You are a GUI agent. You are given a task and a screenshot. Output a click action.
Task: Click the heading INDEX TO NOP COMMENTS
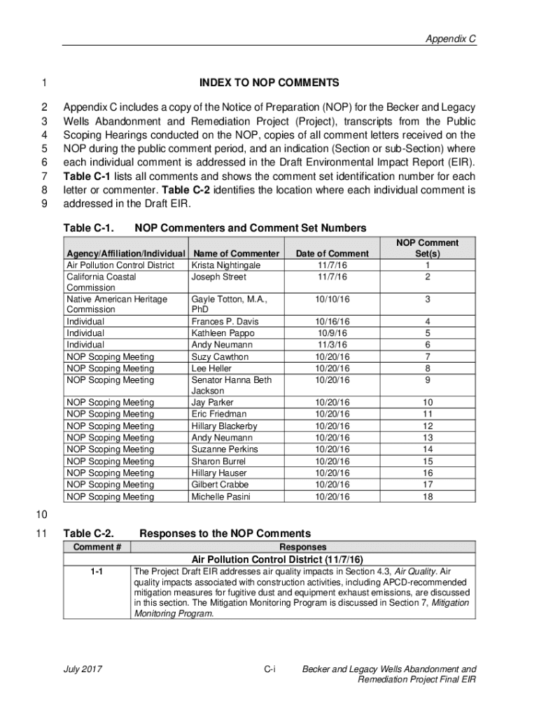pos(269,83)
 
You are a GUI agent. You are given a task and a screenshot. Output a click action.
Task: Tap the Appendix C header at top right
pos(451,39)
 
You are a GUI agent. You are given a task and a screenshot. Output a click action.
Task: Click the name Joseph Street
pos(218,277)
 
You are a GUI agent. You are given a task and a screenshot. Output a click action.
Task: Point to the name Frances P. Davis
pos(225,322)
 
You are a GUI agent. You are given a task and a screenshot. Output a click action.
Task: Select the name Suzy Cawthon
pos(220,357)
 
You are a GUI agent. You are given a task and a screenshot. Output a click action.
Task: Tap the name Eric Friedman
pos(218,415)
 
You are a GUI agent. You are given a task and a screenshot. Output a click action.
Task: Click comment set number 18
pos(428,497)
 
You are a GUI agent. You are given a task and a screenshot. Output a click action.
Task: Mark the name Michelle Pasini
pos(220,497)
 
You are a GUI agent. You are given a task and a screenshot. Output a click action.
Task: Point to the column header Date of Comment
pos(332,253)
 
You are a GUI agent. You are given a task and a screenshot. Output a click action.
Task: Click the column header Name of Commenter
pos(237,253)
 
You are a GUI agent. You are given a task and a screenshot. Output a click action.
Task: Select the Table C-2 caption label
pos(88,534)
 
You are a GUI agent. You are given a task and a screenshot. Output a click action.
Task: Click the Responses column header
pos(302,547)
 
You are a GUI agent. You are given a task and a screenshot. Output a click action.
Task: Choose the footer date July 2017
pos(83,669)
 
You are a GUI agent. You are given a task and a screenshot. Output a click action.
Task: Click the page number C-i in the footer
pos(269,669)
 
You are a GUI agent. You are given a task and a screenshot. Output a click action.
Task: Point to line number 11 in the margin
pos(41,534)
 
